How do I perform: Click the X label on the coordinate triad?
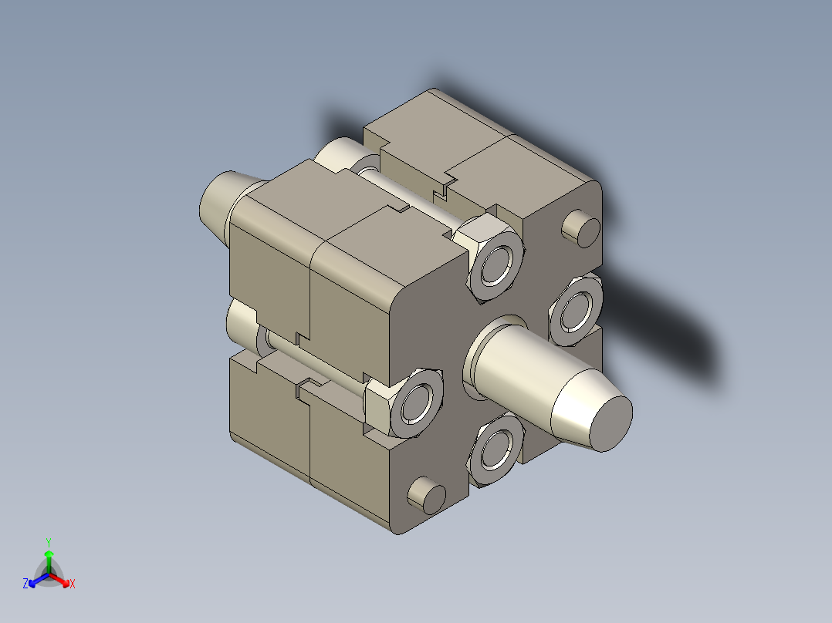click(73, 584)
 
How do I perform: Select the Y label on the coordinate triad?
click(48, 542)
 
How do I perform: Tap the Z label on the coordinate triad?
click(25, 584)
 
